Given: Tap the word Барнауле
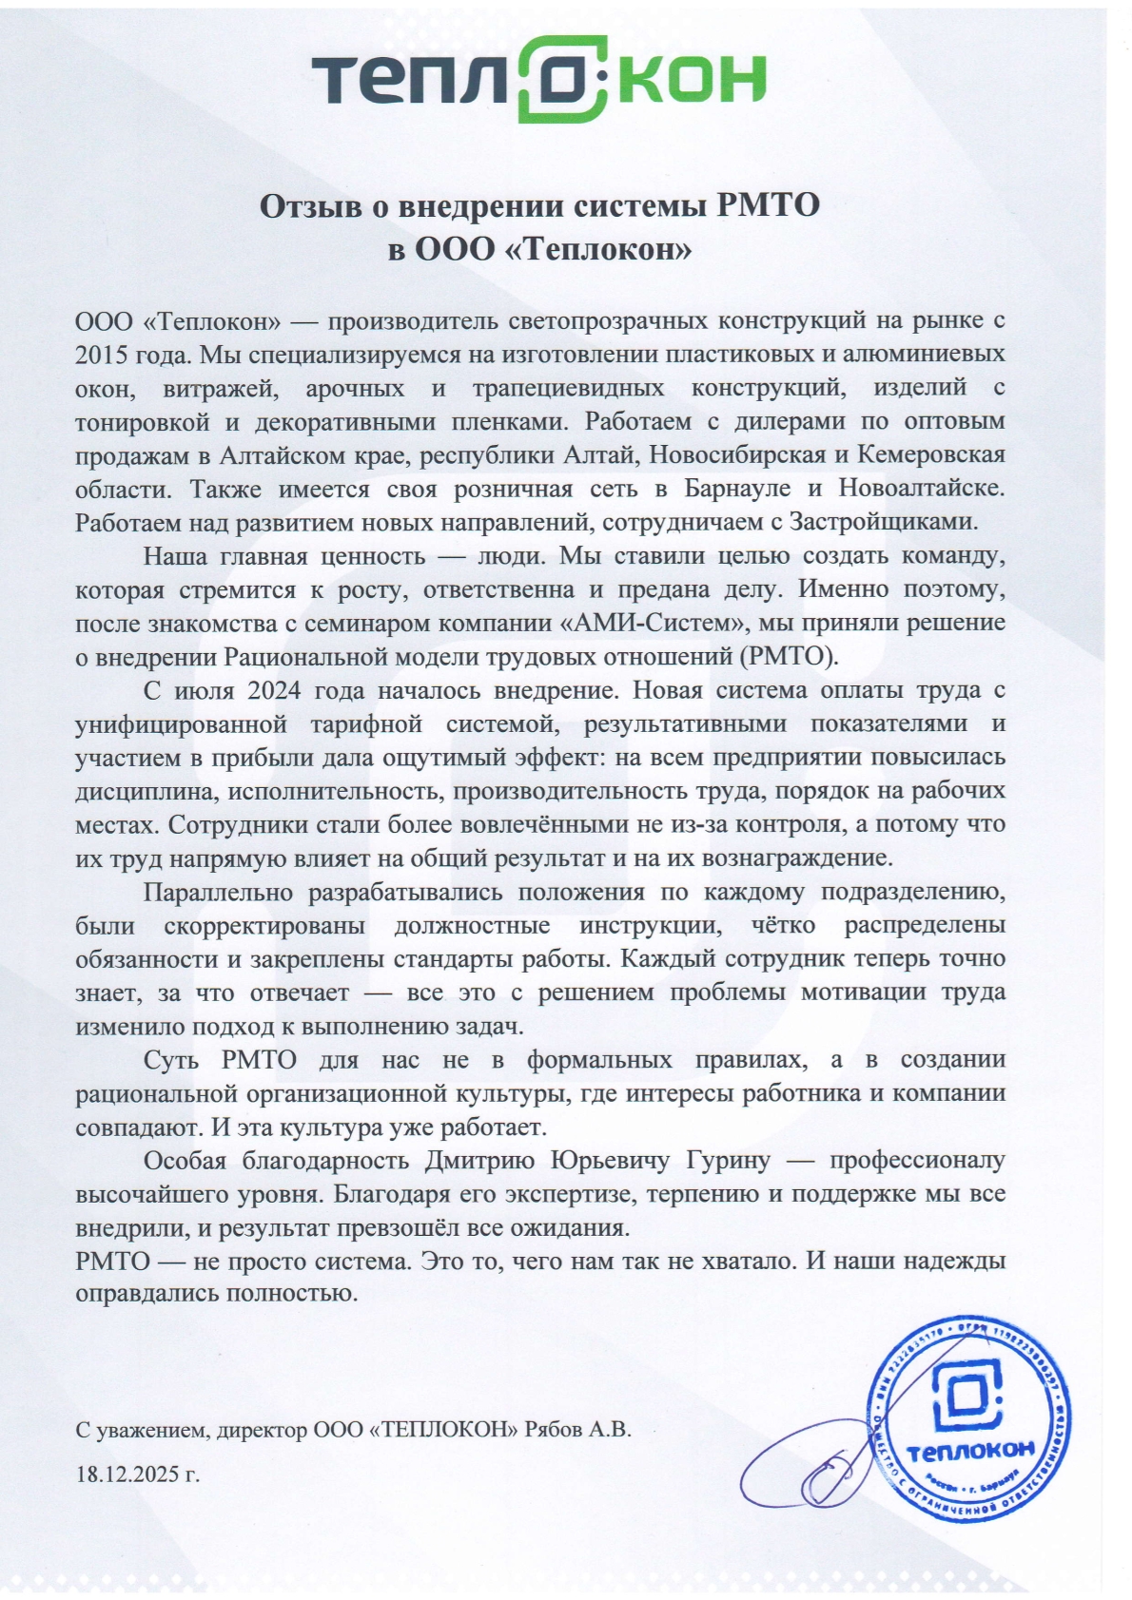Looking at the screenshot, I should [741, 489].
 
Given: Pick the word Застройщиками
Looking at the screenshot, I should [884, 522].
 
